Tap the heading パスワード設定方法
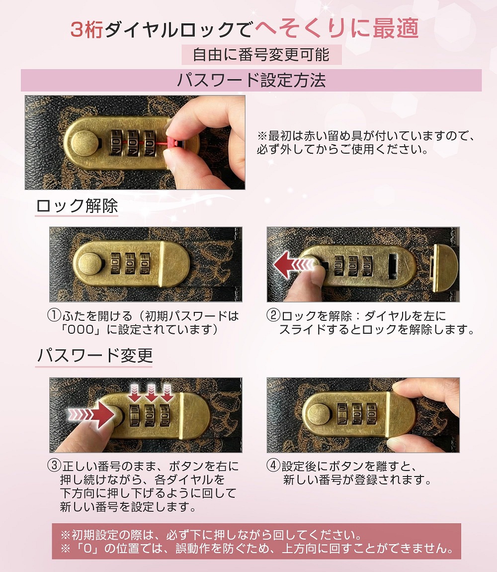251,80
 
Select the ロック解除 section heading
77,206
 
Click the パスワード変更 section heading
94,355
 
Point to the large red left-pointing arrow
294,264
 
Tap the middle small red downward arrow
151,392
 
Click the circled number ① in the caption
54,315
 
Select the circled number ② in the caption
273,315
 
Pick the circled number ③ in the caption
54,466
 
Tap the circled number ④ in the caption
273,466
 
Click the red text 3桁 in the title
87,29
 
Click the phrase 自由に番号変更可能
261,55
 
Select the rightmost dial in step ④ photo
371,414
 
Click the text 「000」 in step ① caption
81,329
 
